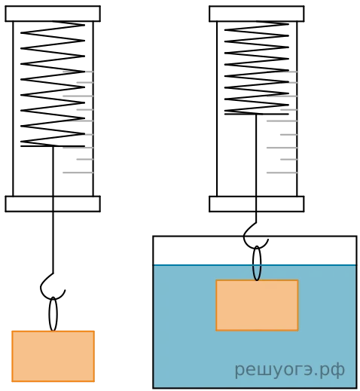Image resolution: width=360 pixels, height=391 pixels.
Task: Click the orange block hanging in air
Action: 53,356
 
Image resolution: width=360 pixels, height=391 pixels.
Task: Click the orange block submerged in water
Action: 257,305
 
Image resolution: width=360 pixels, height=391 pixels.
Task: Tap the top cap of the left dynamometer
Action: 53,14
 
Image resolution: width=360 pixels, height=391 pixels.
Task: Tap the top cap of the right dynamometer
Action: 257,14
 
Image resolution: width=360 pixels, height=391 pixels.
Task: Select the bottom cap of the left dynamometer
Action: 53,204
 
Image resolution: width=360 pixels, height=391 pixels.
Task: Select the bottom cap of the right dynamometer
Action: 257,204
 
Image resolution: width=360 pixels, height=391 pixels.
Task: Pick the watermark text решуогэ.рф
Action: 289,370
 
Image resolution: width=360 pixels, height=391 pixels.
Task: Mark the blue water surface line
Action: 255,265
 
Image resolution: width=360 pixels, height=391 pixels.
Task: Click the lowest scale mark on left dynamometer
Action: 78,173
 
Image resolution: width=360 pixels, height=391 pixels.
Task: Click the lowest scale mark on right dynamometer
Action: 282,173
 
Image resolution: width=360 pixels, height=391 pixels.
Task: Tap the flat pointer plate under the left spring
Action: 53,146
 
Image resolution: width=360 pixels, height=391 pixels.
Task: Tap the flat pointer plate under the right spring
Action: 257,115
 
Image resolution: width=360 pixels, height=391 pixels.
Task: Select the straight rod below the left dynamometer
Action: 53,209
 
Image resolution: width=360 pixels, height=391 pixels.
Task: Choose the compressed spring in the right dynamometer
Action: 257,68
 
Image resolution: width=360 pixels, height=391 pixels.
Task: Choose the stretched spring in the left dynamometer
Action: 53,84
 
